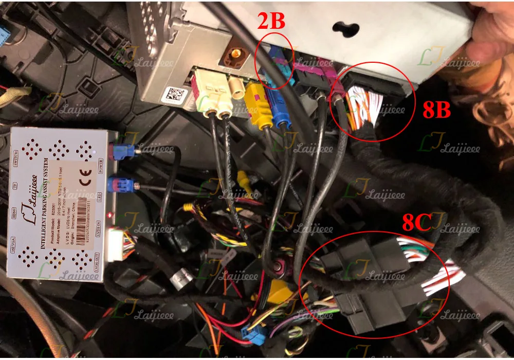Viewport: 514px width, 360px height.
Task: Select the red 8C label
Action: click(x=416, y=223)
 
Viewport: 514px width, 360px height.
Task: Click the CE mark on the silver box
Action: click(x=86, y=172)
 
